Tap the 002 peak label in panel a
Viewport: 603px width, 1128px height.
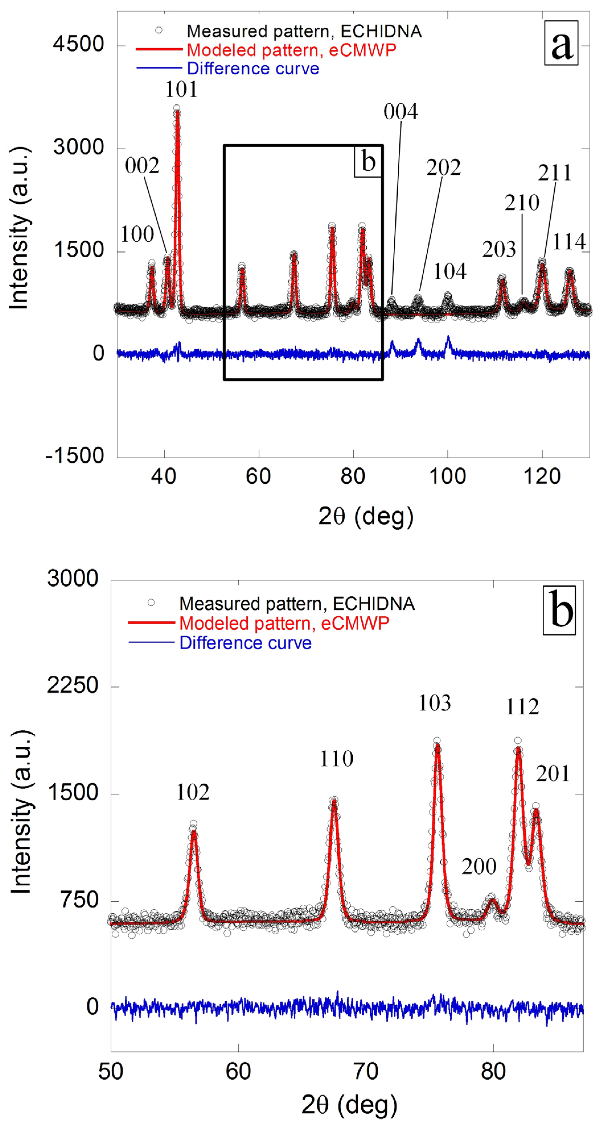142,166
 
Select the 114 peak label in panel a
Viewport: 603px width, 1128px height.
569,242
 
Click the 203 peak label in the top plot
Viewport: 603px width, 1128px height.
499,249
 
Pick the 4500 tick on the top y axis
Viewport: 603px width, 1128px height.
79,44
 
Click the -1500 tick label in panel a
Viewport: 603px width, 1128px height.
75,456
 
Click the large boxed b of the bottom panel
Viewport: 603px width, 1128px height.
559,610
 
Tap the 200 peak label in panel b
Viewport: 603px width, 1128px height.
479,867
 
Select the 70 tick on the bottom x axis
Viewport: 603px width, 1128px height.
366,1071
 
